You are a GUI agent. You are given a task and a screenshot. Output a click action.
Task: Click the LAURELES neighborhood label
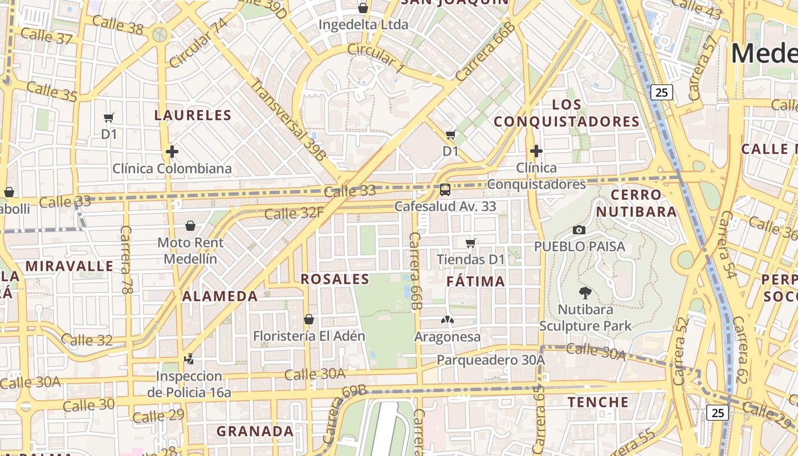pyautogui.click(x=193, y=115)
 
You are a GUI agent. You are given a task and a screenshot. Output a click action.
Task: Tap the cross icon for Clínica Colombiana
pyautogui.click(x=172, y=152)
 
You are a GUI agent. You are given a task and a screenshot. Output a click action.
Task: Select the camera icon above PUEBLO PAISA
pyautogui.click(x=579, y=230)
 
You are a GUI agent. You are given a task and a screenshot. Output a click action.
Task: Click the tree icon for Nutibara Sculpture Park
pyautogui.click(x=585, y=294)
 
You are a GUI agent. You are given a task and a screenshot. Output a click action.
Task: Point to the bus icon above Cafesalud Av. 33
pyautogui.click(x=445, y=189)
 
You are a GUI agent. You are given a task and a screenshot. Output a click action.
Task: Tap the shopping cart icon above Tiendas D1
pyautogui.click(x=471, y=243)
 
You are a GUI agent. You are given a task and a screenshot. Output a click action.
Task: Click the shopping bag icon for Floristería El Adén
pyautogui.click(x=309, y=319)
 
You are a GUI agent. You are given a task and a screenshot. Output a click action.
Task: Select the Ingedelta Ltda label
pyautogui.click(x=363, y=25)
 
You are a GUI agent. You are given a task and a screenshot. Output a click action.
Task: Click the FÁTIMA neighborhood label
pyautogui.click(x=475, y=281)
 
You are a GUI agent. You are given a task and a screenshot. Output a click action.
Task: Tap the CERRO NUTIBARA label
pyautogui.click(x=636, y=203)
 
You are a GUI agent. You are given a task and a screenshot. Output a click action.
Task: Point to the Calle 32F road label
pyautogui.click(x=294, y=213)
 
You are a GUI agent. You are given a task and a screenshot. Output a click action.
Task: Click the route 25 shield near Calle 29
pyautogui.click(x=717, y=413)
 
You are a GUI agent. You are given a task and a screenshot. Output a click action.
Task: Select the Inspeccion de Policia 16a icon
pyautogui.click(x=189, y=359)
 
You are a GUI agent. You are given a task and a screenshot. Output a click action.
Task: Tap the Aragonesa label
pyautogui.click(x=447, y=337)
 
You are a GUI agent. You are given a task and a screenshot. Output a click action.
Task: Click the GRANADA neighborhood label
pyautogui.click(x=255, y=431)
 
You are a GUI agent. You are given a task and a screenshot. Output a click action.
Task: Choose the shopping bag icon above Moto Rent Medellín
pyautogui.click(x=190, y=226)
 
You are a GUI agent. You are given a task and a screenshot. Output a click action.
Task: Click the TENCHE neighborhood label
pyautogui.click(x=598, y=402)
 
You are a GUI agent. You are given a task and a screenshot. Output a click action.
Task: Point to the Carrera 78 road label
pyautogui.click(x=126, y=259)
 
